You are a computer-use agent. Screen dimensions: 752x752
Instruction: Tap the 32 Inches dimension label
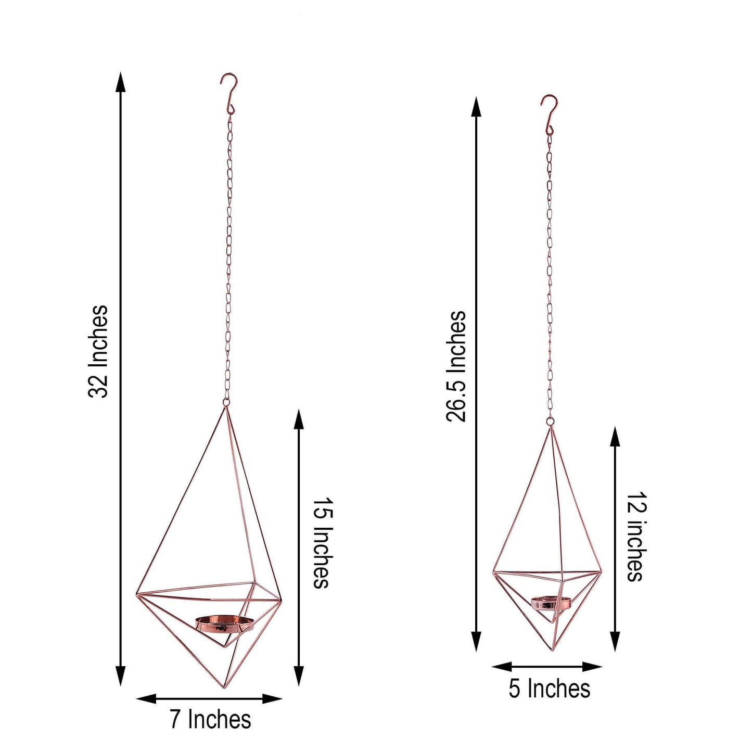click(98, 352)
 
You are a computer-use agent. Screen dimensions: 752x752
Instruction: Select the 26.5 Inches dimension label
click(456, 366)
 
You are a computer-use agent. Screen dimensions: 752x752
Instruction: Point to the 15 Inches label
click(322, 543)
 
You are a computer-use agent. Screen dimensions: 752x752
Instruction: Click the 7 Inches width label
click(210, 720)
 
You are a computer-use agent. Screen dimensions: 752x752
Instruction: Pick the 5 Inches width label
click(549, 689)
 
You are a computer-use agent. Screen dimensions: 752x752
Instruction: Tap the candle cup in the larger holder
click(225, 623)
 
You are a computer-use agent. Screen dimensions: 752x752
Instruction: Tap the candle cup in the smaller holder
click(551, 603)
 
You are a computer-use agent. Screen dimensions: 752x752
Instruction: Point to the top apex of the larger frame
click(225, 408)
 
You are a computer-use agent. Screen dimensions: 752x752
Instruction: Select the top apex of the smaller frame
click(550, 428)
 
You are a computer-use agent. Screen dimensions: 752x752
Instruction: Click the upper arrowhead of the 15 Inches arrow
click(299, 419)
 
